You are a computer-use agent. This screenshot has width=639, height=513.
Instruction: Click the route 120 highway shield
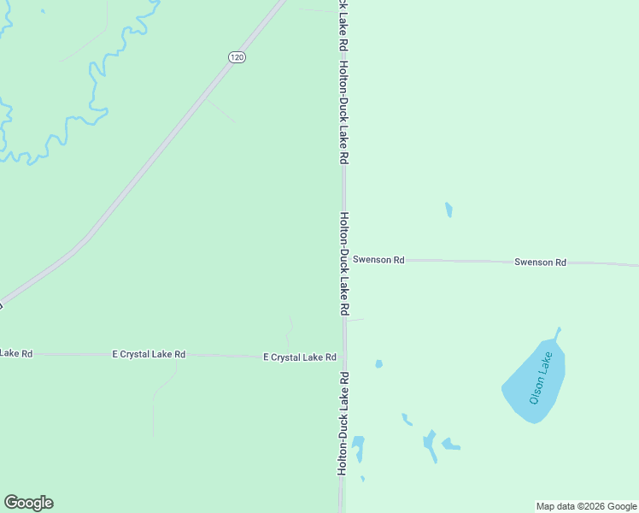[x=237, y=56]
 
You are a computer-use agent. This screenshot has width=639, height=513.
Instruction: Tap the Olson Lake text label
[x=546, y=377]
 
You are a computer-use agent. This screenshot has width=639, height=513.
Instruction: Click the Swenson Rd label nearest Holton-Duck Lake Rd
[x=378, y=259]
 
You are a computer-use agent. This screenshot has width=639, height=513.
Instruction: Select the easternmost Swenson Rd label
[x=540, y=262]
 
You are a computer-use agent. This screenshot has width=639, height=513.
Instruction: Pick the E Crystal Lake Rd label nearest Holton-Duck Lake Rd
[x=299, y=357]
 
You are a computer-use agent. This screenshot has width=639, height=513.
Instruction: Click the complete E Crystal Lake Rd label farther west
[x=149, y=354]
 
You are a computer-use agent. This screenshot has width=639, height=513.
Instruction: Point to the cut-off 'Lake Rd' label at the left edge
[x=15, y=353]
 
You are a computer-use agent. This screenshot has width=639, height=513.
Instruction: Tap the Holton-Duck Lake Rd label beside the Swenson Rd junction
[x=344, y=263]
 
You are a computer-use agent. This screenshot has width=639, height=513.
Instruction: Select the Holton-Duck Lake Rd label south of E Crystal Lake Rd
[x=343, y=423]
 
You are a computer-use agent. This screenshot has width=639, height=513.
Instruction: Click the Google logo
[x=28, y=503]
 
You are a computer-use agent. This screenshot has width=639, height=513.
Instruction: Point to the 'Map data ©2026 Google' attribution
[x=587, y=506]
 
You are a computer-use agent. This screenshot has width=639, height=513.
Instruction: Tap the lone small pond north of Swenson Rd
[x=448, y=209]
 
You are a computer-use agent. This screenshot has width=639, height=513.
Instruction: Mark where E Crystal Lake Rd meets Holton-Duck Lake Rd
[x=343, y=357]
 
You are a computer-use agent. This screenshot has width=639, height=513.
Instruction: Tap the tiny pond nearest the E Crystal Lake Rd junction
[x=378, y=363]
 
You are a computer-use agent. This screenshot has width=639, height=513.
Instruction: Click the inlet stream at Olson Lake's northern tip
[x=558, y=333]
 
